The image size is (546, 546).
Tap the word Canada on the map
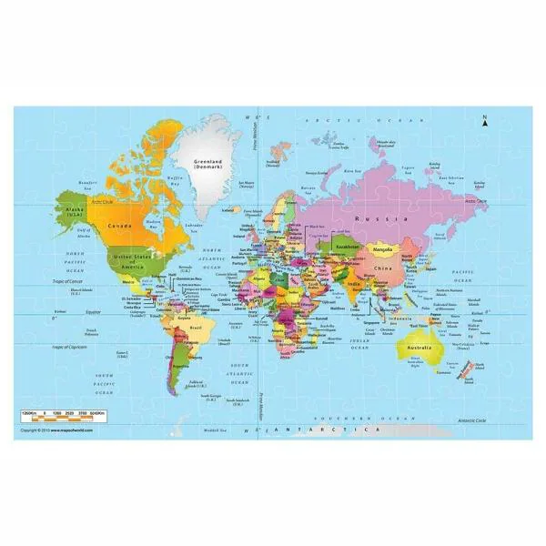point(122,224)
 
